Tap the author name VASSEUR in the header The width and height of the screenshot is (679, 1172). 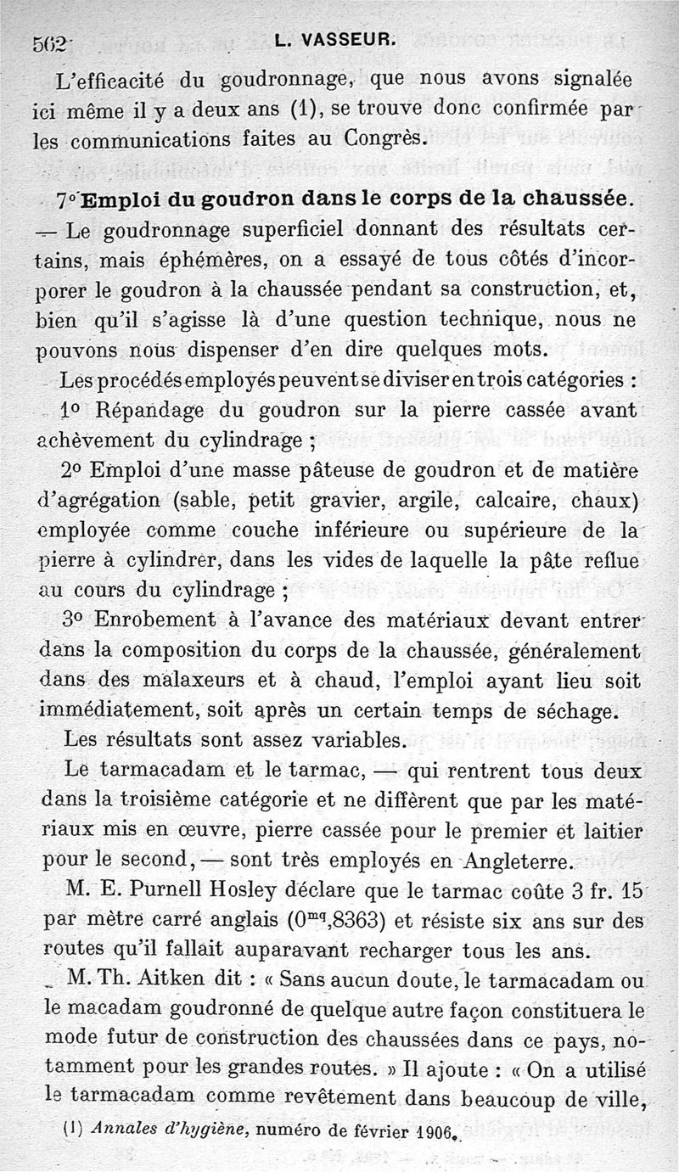[x=349, y=39]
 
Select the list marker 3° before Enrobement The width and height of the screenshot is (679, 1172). [x=75, y=620]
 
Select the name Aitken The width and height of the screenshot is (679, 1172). [x=171, y=980]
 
